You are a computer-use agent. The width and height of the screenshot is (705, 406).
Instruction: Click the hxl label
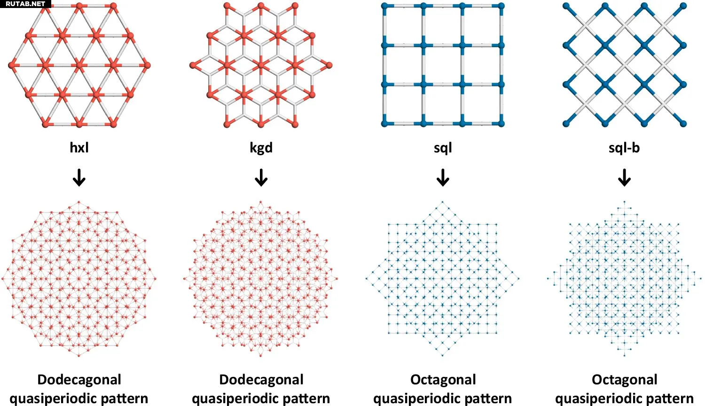[x=79, y=147]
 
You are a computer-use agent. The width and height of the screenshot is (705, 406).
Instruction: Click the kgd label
[x=261, y=148]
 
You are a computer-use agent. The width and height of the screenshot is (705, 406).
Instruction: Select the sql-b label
[x=624, y=148]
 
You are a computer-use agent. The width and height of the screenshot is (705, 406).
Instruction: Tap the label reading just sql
[x=443, y=148]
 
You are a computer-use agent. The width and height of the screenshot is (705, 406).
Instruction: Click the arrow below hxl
[x=79, y=178]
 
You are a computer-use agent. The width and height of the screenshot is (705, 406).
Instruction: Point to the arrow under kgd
[x=261, y=178]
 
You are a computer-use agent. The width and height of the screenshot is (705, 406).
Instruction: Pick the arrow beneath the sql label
[x=443, y=178]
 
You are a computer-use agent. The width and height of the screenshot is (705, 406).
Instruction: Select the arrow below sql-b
[x=624, y=178]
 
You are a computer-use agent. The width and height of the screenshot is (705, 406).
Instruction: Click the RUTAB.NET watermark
[x=25, y=4]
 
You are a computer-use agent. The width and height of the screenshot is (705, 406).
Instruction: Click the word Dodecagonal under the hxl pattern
[x=79, y=380]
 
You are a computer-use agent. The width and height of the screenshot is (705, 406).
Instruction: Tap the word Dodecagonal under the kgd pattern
[x=261, y=380]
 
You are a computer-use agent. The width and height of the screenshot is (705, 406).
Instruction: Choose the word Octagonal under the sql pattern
[x=443, y=380]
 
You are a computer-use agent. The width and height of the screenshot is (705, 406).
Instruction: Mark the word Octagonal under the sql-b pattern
[x=625, y=380]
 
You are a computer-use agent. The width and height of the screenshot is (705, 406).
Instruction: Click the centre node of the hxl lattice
[x=79, y=65]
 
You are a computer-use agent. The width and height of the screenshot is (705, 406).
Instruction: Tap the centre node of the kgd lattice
[x=261, y=65]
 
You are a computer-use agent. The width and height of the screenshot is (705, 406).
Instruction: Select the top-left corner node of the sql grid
[x=384, y=6]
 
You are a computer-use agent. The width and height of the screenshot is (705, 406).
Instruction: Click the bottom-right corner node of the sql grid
[x=501, y=124]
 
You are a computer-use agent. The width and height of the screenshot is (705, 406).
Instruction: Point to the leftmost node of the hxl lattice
[x=12, y=65]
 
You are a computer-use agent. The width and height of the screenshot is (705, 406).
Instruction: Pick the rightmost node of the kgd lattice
[x=329, y=65]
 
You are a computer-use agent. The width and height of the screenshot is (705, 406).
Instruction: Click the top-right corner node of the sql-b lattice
[x=683, y=6]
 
